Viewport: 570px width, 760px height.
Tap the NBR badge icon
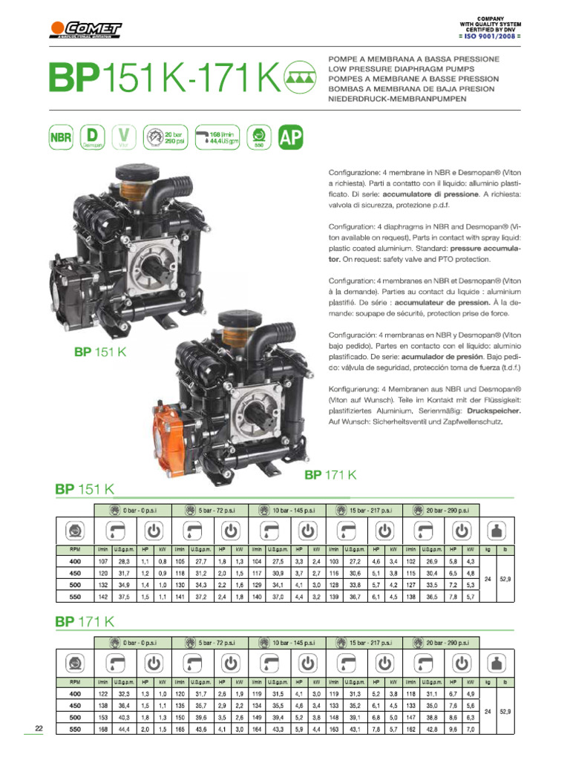pyautogui.click(x=61, y=137)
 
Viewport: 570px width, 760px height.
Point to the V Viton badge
pyautogui.click(x=124, y=137)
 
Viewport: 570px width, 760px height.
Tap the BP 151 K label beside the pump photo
pyautogui.click(x=100, y=351)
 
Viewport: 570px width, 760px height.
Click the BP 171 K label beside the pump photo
pyautogui.click(x=331, y=474)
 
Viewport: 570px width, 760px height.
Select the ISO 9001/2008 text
pyautogui.click(x=490, y=36)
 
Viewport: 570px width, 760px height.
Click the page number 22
pyautogui.click(x=40, y=729)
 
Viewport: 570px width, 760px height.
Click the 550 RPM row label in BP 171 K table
pyautogui.click(x=75, y=730)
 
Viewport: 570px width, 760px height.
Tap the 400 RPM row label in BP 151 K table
pyautogui.click(x=75, y=562)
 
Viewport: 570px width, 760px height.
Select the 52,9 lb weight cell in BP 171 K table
pyautogui.click(x=505, y=711)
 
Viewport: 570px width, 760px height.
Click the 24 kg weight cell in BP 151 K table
pyautogui.click(x=487, y=580)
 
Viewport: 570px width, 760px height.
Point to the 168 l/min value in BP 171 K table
pyautogui.click(x=103, y=730)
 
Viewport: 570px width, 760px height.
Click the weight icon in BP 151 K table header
pyautogui.click(x=496, y=531)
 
